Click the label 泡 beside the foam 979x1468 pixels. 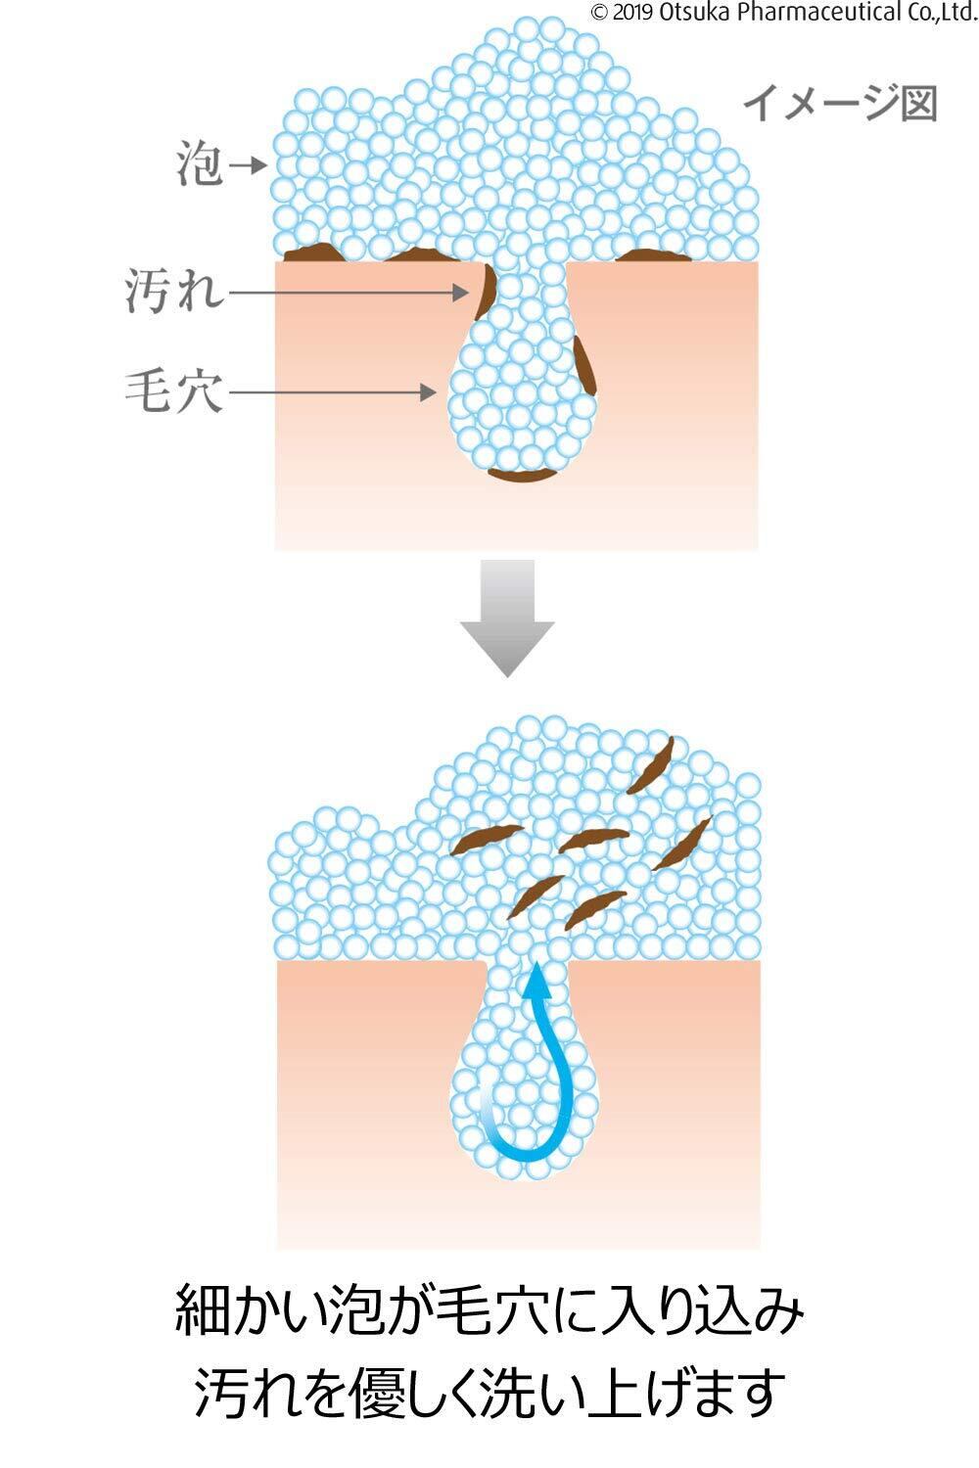[x=200, y=164]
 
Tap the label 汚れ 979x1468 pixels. [x=174, y=291]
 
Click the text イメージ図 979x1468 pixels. [x=840, y=104]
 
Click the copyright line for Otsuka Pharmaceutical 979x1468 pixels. [x=783, y=13]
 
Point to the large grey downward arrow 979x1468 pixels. [x=507, y=617]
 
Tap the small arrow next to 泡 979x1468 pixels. [x=252, y=164]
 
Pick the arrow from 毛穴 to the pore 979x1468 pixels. [x=333, y=392]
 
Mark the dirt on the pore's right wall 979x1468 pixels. [x=584, y=364]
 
